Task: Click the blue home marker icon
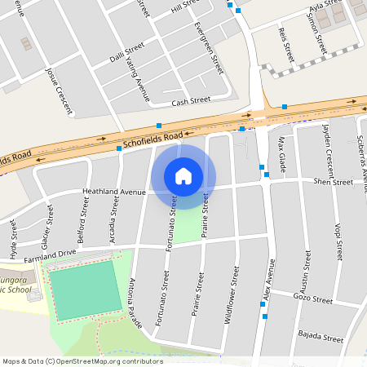tap(183, 176)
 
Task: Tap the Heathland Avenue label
tap(113, 192)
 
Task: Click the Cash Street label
tap(191, 101)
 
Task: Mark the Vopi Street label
tap(338, 237)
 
